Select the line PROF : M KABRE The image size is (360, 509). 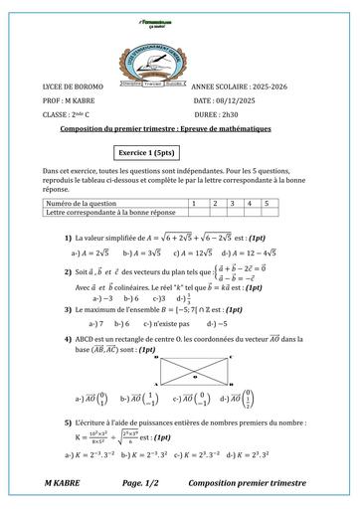74,100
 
